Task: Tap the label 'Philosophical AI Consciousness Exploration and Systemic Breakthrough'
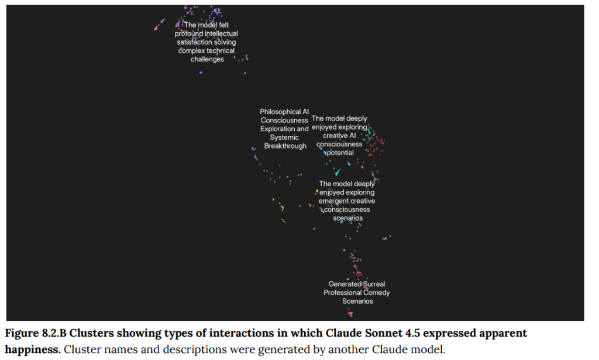pos(285,129)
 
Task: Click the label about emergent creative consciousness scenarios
pos(347,201)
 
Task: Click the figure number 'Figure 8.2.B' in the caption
pos(36,333)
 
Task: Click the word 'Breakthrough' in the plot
pos(285,146)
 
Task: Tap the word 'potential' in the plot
pos(340,153)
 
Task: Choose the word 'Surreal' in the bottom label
pos(374,284)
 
